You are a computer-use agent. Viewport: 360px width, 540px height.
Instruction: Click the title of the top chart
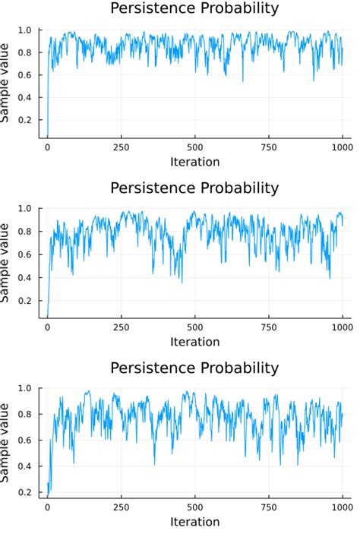point(194,9)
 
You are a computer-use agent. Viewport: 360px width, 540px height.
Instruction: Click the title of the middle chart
point(194,188)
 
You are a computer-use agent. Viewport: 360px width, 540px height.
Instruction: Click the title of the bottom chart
point(194,368)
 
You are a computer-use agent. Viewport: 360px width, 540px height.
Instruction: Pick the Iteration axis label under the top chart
point(194,162)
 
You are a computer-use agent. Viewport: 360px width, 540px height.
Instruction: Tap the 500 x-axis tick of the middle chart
point(194,327)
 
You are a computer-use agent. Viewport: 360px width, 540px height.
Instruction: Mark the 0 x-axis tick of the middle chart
point(47,327)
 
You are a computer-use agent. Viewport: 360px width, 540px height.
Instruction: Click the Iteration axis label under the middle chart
point(194,341)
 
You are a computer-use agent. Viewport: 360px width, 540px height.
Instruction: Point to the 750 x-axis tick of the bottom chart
point(268,507)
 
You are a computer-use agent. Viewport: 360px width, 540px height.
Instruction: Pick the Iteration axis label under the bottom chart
point(194,522)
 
